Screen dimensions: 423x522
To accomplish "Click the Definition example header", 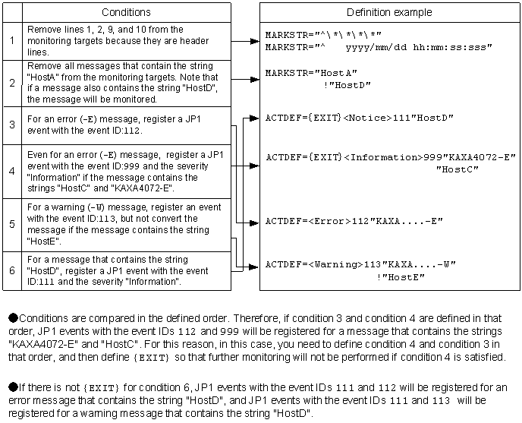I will (389, 12).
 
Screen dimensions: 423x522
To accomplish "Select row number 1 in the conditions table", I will (11, 41).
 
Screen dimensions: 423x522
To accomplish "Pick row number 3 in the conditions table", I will (11, 125).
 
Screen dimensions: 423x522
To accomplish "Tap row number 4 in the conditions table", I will (11, 170).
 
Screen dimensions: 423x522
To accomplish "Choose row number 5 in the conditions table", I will (11, 225).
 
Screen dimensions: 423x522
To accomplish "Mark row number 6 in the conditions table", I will (11, 270).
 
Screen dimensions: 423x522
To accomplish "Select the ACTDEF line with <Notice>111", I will (359, 118).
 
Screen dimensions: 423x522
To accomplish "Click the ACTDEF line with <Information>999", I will (390, 157).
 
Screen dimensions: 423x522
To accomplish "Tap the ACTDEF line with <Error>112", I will (354, 221).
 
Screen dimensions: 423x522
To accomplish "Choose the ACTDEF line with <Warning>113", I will (360, 265).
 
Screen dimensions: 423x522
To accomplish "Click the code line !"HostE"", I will (400, 277).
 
